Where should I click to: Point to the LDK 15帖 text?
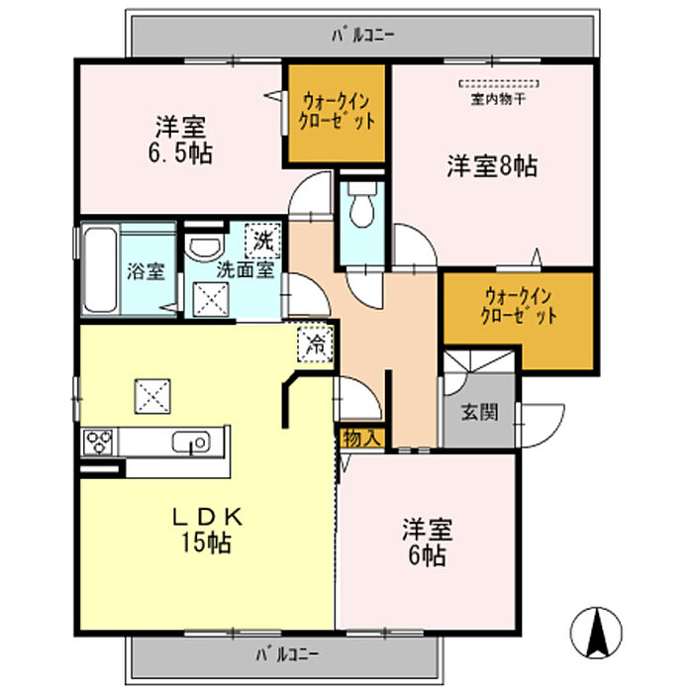point(205,530)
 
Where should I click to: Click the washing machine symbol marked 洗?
point(262,238)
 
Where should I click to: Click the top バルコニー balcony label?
point(362,36)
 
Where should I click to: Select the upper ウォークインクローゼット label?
point(337,112)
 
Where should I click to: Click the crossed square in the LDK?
point(152,398)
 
